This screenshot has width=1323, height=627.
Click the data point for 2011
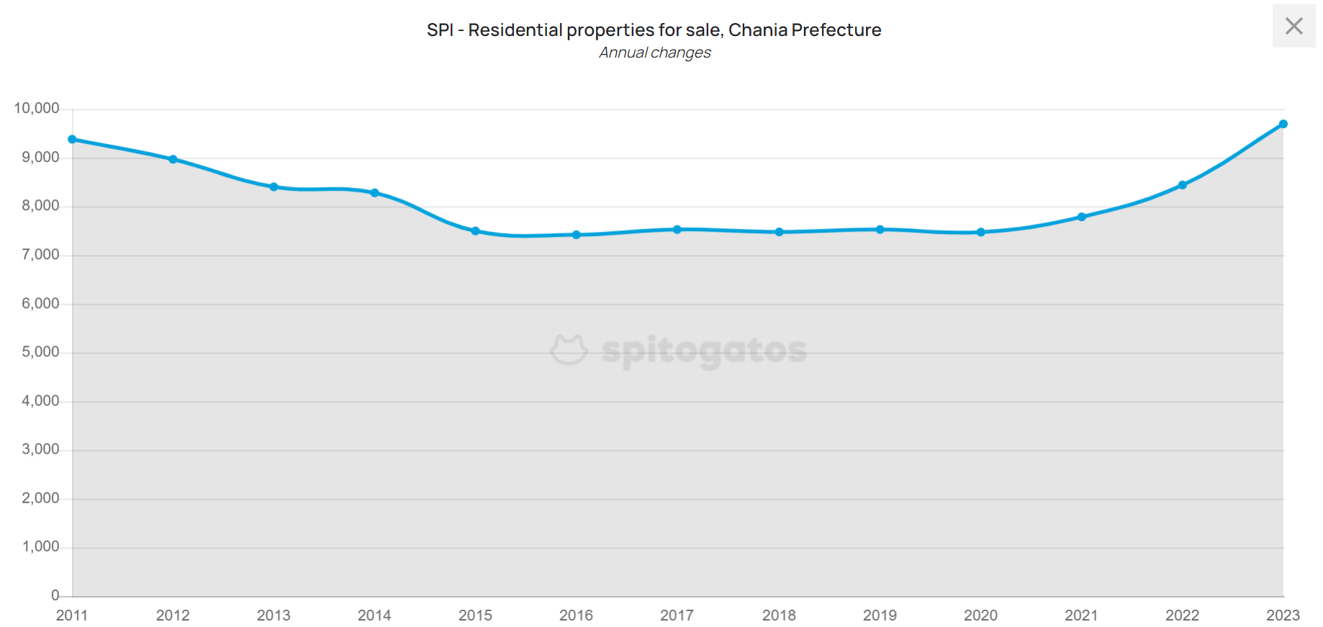pyautogui.click(x=72, y=140)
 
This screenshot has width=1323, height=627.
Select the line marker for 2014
pyautogui.click(x=374, y=193)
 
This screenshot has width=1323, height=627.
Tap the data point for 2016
pyautogui.click(x=576, y=235)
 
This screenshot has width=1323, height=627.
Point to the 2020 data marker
pyautogui.click(x=980, y=233)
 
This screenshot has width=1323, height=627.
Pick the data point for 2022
pyautogui.click(x=1182, y=185)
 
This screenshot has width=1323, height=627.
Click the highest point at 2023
pyautogui.click(x=1283, y=125)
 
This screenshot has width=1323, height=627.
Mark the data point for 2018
pyautogui.click(x=779, y=233)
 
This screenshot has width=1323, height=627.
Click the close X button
pyautogui.click(x=1293, y=27)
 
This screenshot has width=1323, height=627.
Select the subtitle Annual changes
pyautogui.click(x=654, y=53)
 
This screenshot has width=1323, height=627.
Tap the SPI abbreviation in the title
pyautogui.click(x=440, y=30)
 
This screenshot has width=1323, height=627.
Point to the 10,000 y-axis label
pyautogui.click(x=37, y=109)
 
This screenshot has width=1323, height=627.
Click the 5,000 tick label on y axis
pyautogui.click(x=40, y=352)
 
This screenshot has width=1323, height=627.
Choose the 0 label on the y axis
pyautogui.click(x=55, y=595)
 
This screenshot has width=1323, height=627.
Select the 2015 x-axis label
pyautogui.click(x=475, y=615)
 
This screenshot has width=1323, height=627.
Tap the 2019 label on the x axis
pyautogui.click(x=880, y=615)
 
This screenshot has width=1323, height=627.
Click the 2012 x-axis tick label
pyautogui.click(x=173, y=615)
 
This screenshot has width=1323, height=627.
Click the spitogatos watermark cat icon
pyautogui.click(x=569, y=350)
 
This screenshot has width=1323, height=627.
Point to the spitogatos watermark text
pyautogui.click(x=703, y=351)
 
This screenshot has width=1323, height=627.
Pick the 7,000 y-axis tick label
pyautogui.click(x=40, y=255)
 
